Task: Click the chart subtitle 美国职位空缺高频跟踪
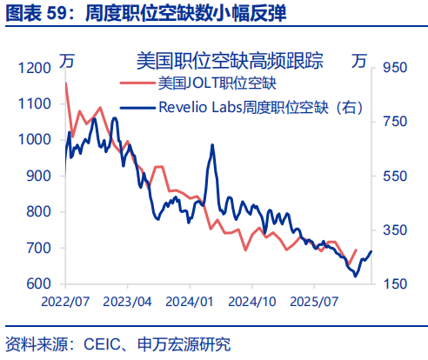230,60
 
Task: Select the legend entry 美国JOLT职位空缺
216,83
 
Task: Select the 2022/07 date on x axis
66,300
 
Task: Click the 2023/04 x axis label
128,300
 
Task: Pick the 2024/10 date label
251,300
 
